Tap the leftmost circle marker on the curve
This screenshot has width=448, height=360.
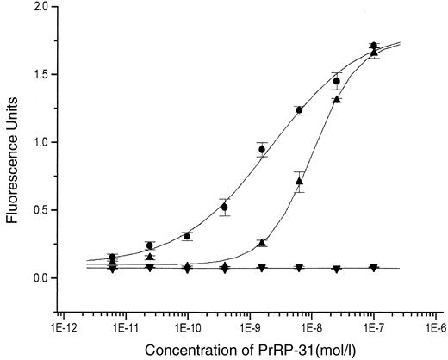(113, 258)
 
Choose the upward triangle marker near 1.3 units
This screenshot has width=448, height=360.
(337, 99)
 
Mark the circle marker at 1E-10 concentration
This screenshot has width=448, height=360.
(187, 236)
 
